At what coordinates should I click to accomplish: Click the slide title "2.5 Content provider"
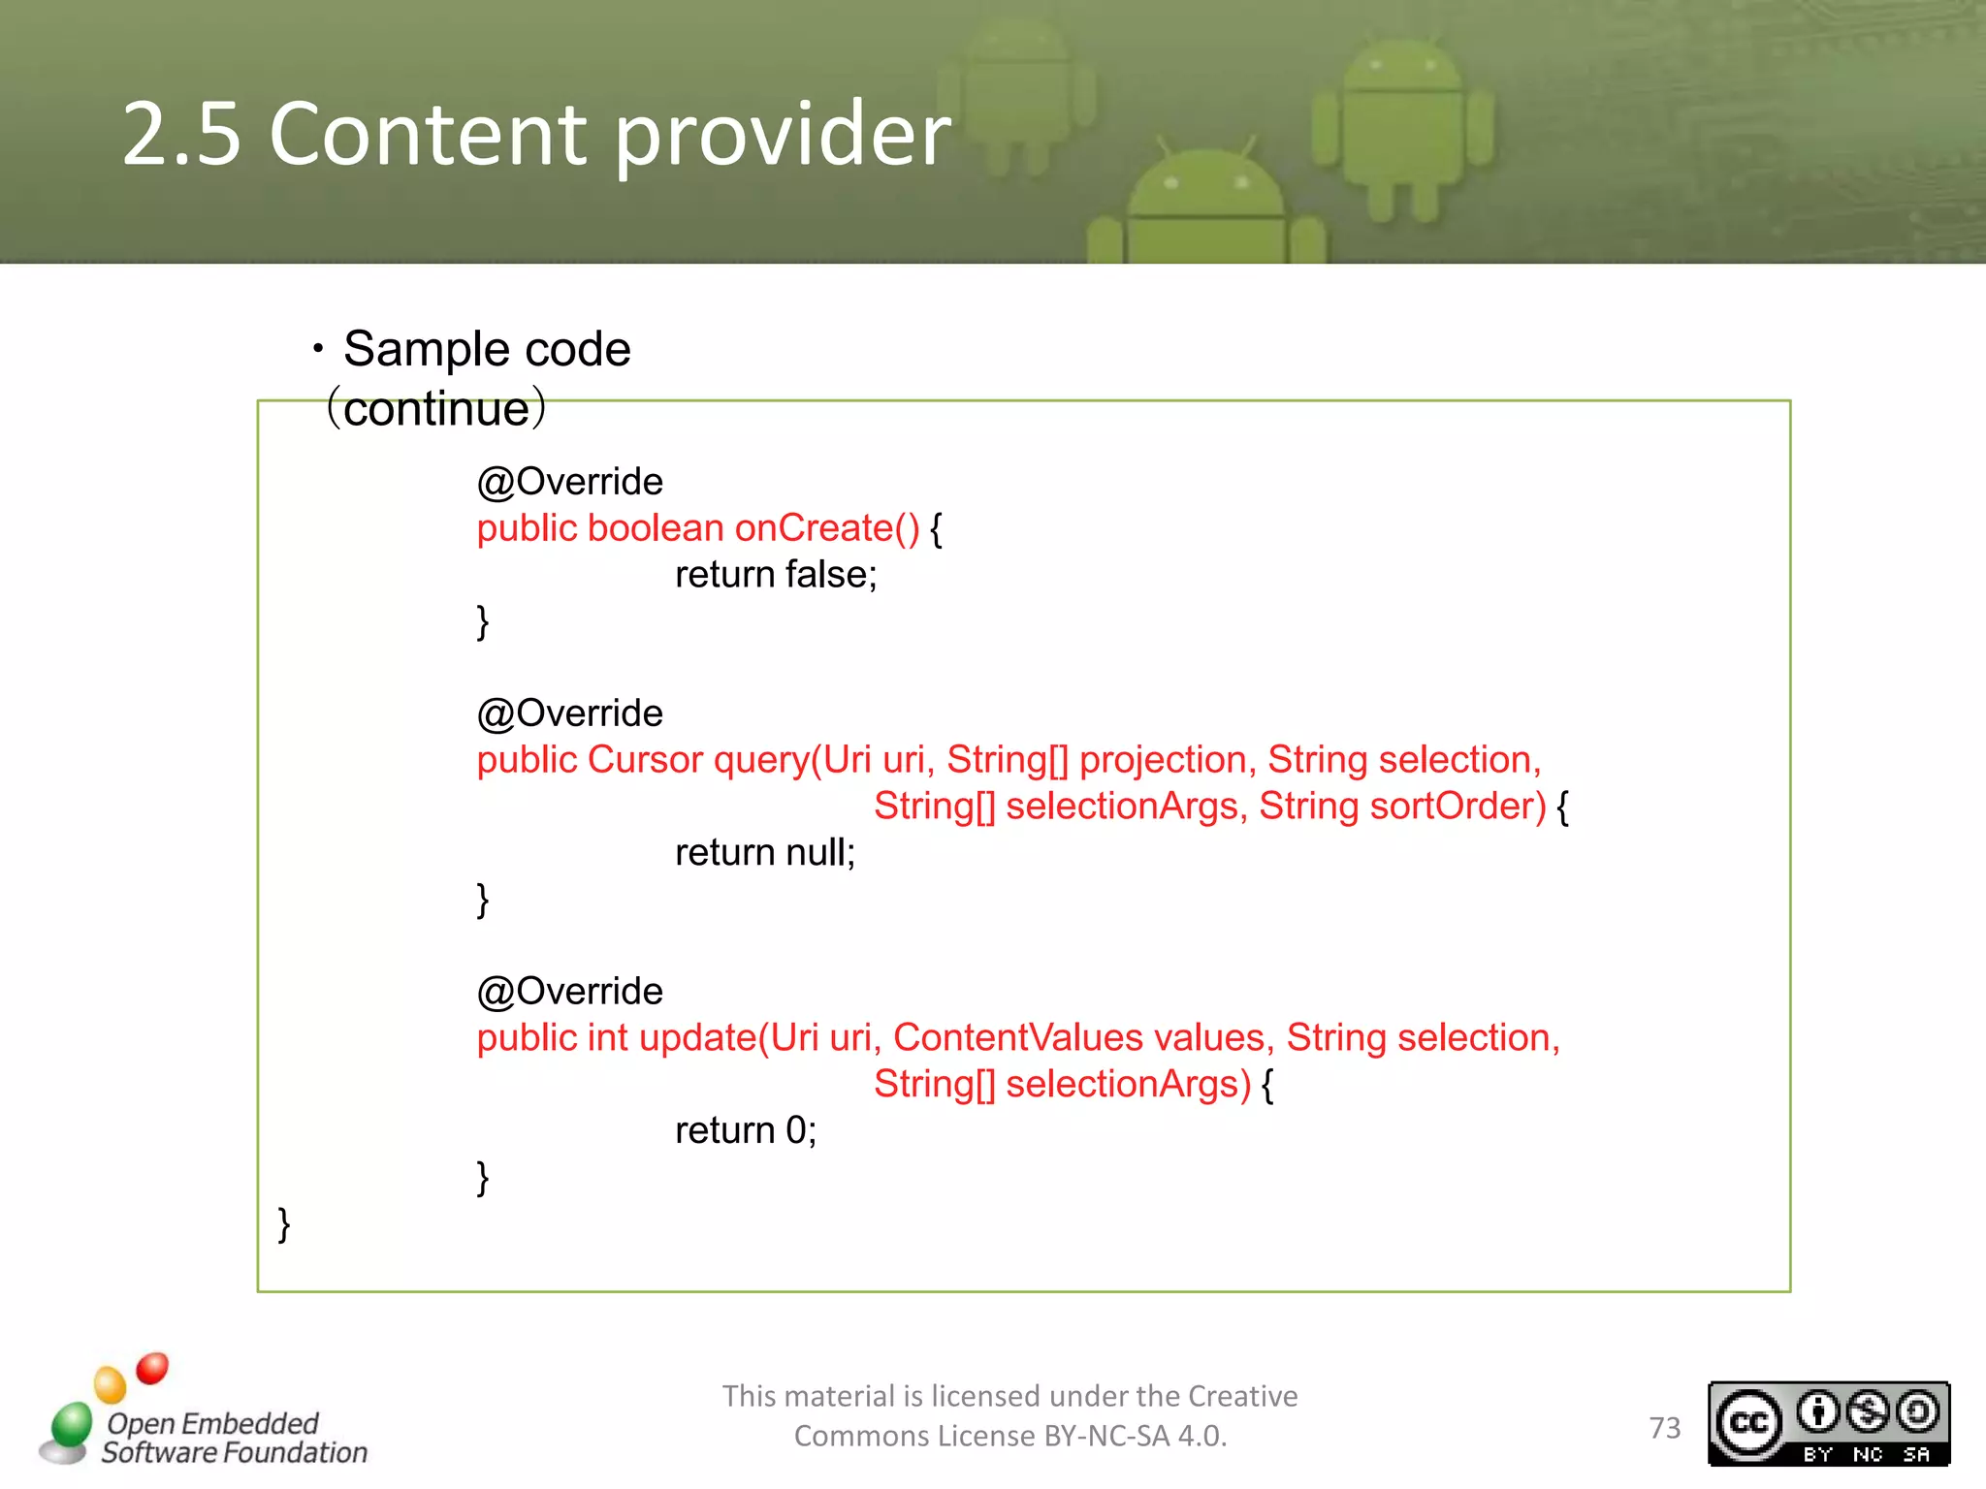tap(536, 134)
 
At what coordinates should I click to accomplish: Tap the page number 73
tap(1665, 1427)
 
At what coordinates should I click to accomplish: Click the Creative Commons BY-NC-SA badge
tap(1828, 1423)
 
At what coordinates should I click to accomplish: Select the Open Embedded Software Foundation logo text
tap(233, 1438)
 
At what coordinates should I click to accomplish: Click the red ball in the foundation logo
tap(152, 1368)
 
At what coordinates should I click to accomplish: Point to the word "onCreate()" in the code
tap(826, 528)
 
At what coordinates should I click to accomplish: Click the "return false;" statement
tap(776, 575)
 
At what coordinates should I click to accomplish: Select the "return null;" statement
tap(765, 853)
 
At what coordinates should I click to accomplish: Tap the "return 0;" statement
tap(746, 1130)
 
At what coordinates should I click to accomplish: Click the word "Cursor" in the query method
tap(645, 760)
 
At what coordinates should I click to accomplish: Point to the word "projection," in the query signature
tap(1168, 760)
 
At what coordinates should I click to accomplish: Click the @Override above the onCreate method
tap(570, 482)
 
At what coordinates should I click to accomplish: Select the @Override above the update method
tap(570, 992)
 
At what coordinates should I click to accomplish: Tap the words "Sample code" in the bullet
tap(487, 349)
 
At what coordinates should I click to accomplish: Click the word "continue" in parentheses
tap(436, 409)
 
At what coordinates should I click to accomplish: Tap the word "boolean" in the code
tap(656, 528)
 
